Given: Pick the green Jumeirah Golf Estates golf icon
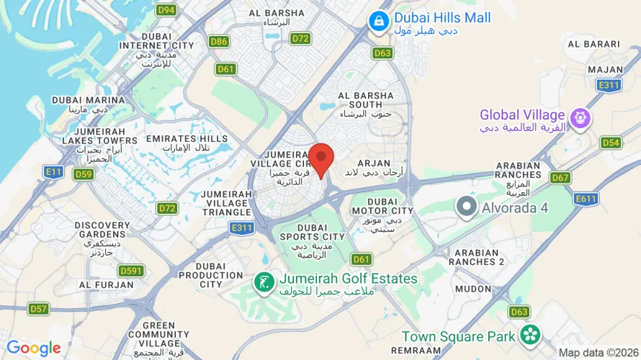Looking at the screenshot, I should click(x=264, y=282).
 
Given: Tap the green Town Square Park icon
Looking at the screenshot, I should click(x=531, y=334).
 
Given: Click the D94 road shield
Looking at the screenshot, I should click(x=166, y=10).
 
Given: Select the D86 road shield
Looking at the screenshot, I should click(x=220, y=42).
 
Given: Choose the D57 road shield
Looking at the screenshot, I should click(x=39, y=309).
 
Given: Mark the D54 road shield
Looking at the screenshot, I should click(x=611, y=143).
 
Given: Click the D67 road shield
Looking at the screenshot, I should click(x=560, y=177).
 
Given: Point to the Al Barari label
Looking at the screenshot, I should click(x=593, y=44).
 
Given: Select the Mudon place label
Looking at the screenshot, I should click(x=473, y=288).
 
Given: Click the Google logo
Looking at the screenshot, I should click(x=34, y=348).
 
